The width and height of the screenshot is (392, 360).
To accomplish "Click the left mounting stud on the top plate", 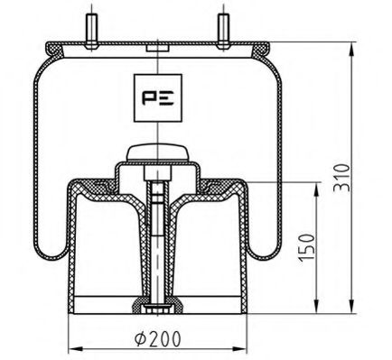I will coord(92,27).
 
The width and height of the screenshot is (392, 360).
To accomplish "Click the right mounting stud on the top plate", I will coord(221,27).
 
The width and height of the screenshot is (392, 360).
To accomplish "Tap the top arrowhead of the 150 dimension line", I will coord(317,185).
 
